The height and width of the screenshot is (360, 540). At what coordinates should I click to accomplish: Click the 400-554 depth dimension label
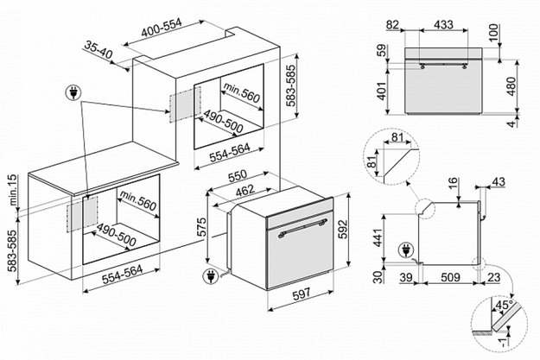(x=162, y=28)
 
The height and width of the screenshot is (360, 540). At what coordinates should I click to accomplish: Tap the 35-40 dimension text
(x=98, y=49)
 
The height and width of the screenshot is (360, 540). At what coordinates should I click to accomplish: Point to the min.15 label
(x=12, y=190)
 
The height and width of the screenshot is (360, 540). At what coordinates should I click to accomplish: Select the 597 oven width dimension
(x=302, y=294)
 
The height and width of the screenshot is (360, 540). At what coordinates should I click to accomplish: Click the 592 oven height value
(x=343, y=230)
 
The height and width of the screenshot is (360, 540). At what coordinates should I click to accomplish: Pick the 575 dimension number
(x=201, y=226)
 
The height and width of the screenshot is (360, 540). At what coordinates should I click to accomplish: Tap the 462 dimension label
(x=245, y=191)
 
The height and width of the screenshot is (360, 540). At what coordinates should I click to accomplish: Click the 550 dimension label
(x=238, y=176)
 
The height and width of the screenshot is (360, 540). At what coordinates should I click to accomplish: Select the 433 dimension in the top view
(x=443, y=25)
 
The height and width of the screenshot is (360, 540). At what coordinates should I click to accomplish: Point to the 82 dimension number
(x=392, y=25)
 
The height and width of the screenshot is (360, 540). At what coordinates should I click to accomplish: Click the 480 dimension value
(x=511, y=86)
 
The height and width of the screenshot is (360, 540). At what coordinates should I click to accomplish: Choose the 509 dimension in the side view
(x=450, y=277)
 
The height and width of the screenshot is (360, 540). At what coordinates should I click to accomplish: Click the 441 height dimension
(x=378, y=237)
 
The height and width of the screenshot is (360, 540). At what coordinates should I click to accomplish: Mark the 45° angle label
(x=503, y=305)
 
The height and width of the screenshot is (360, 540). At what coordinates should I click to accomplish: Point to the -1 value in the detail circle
(x=504, y=342)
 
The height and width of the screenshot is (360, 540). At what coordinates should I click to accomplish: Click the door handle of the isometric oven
(x=302, y=228)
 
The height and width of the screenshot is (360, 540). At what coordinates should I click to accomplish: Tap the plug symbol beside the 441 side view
(x=406, y=250)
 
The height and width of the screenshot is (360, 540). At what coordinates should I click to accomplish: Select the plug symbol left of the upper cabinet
(x=73, y=92)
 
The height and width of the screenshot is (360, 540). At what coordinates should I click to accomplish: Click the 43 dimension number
(x=499, y=181)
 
